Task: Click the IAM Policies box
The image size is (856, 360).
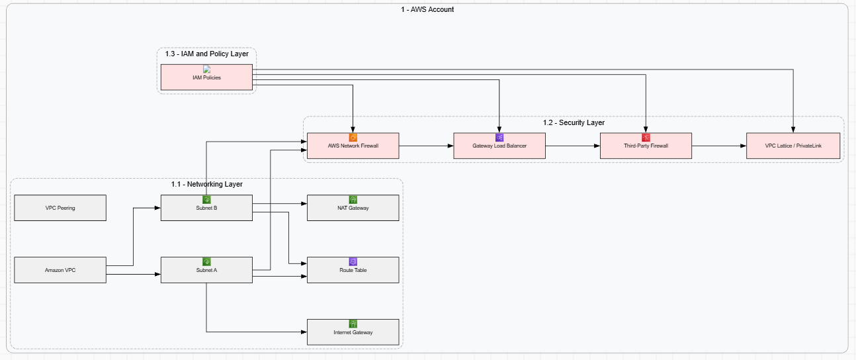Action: point(206,77)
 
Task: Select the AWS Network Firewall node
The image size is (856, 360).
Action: point(353,146)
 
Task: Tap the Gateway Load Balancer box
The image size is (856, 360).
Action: point(499,146)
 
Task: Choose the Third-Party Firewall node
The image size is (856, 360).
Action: point(646,146)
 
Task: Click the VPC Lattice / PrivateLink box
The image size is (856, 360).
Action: point(792,146)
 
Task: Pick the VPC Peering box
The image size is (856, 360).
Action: point(60,208)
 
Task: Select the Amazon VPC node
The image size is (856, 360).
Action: point(60,270)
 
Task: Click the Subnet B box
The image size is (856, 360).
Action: point(206,208)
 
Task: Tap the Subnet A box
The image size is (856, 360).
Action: point(206,270)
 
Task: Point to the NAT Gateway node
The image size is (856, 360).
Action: point(353,208)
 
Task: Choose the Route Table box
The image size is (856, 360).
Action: point(353,270)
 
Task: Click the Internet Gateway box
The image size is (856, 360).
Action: point(353,332)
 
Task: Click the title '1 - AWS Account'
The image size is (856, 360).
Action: point(427,9)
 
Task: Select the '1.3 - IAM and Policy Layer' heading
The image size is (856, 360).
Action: point(207,54)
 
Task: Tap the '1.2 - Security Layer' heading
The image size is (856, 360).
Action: point(574,122)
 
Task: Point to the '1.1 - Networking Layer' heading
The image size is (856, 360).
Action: point(206,184)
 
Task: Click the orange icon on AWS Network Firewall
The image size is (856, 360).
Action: point(353,138)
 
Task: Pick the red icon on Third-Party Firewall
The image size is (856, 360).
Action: point(646,138)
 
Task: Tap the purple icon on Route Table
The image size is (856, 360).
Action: point(353,262)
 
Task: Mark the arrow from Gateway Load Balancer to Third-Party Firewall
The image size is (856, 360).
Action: point(573,146)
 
